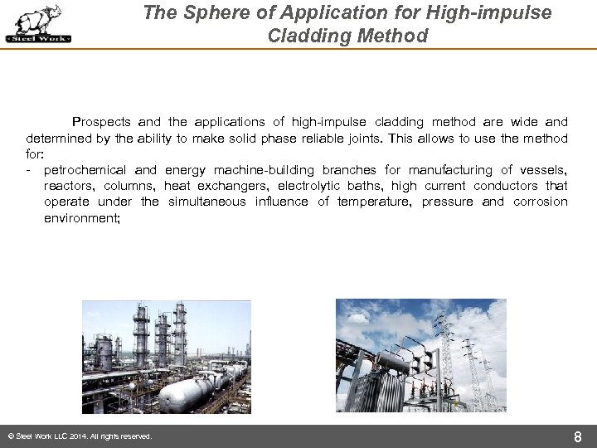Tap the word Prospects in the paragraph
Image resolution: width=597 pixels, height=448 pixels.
click(x=101, y=122)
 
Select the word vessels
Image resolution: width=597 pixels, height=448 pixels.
click(x=543, y=170)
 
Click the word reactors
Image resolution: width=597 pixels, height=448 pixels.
click(x=70, y=186)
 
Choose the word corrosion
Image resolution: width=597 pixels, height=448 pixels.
click(x=540, y=202)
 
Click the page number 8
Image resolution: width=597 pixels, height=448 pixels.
click(x=578, y=436)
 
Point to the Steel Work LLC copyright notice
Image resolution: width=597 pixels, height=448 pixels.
click(x=79, y=436)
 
